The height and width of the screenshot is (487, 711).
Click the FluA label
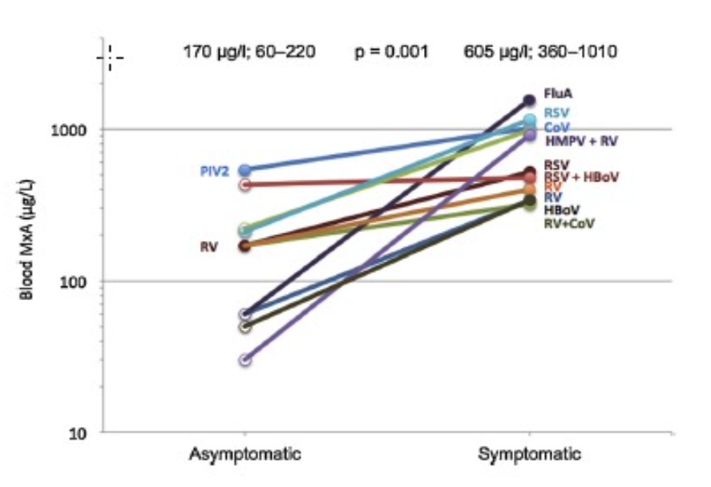point(558,93)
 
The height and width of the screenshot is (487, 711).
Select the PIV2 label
point(215,171)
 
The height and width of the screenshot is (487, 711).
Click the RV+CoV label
point(569,222)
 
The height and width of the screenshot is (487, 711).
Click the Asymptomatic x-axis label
point(245,455)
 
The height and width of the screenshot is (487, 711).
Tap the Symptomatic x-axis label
point(530,455)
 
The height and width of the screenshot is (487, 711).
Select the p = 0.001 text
point(391,52)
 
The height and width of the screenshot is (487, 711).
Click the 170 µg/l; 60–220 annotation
point(249,52)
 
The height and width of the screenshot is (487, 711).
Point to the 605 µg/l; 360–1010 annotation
point(540,52)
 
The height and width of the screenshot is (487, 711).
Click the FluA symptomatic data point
point(529,100)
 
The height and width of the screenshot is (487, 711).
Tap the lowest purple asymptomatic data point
point(245,360)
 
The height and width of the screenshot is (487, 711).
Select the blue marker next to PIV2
point(245,170)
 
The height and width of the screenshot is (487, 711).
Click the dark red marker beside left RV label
point(245,246)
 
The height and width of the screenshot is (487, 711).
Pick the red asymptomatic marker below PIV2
point(245,185)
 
